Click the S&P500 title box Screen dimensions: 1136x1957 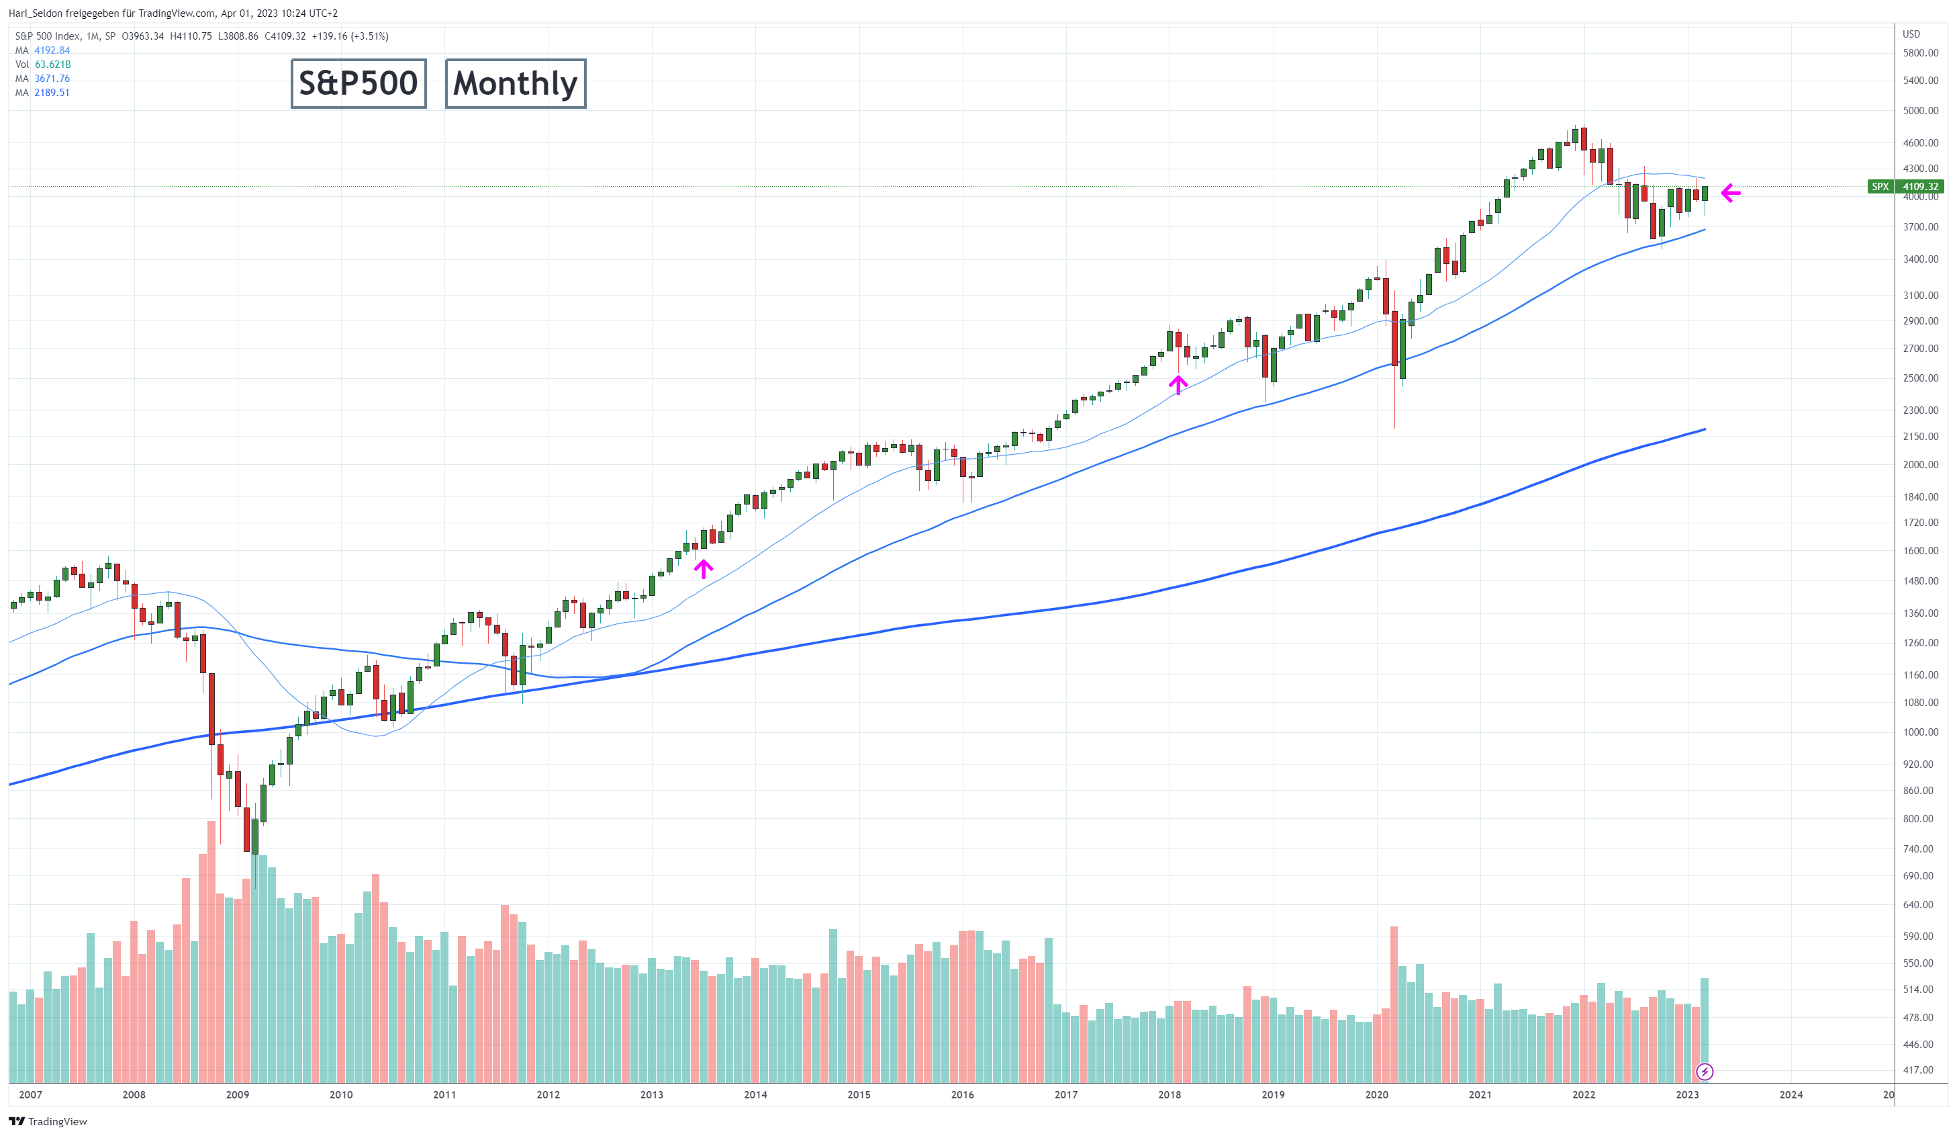pos(358,83)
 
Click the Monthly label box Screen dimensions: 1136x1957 pos(515,83)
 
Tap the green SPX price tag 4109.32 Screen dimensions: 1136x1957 pos(1919,187)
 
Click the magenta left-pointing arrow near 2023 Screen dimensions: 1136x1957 pos(1730,193)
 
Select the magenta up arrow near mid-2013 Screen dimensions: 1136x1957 pos(703,569)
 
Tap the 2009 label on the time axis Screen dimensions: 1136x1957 pos(238,1095)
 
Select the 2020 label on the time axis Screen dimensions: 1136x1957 pos(1376,1095)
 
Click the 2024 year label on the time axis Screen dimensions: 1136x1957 pos(1791,1095)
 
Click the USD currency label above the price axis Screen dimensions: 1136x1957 pos(1911,34)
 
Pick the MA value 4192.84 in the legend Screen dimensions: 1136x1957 pos(52,50)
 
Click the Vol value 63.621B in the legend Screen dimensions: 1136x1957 pos(53,64)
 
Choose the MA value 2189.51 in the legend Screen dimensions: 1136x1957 pos(52,93)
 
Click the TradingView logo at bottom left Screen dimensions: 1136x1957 pos(48,1121)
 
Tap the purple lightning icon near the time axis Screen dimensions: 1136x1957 pos(1705,1072)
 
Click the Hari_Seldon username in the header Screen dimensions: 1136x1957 pos(35,13)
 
